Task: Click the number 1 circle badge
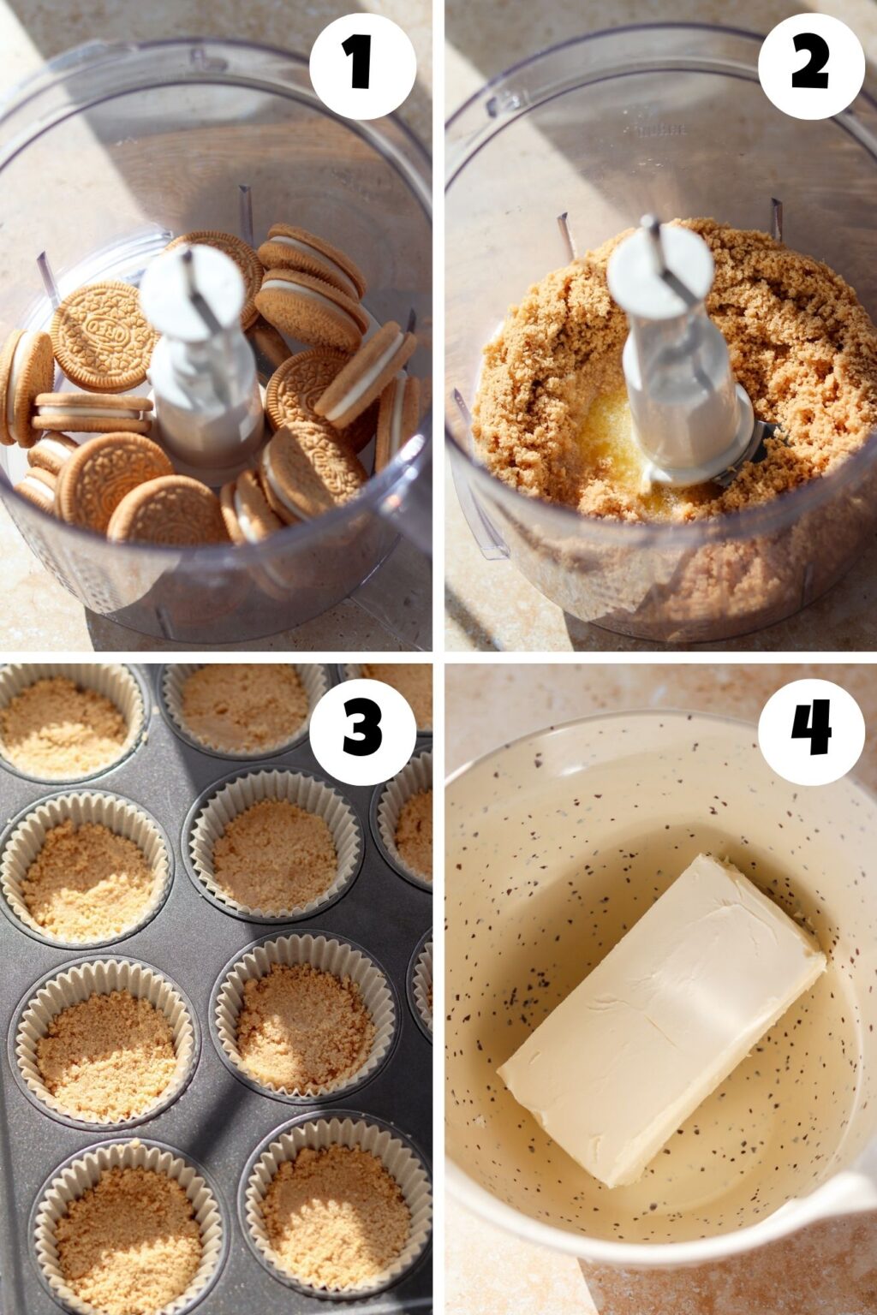pos(363,66)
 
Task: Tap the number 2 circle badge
pos(811,66)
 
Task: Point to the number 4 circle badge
pos(811,732)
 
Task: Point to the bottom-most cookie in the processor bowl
pos(167,509)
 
